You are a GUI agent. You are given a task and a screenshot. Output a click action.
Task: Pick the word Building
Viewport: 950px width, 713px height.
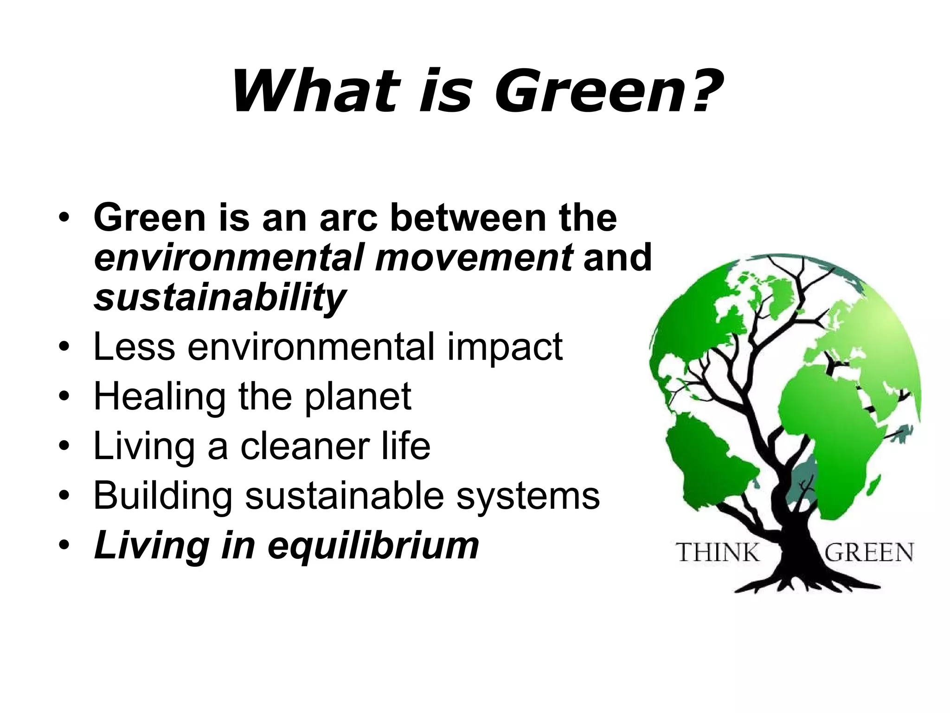click(x=163, y=496)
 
